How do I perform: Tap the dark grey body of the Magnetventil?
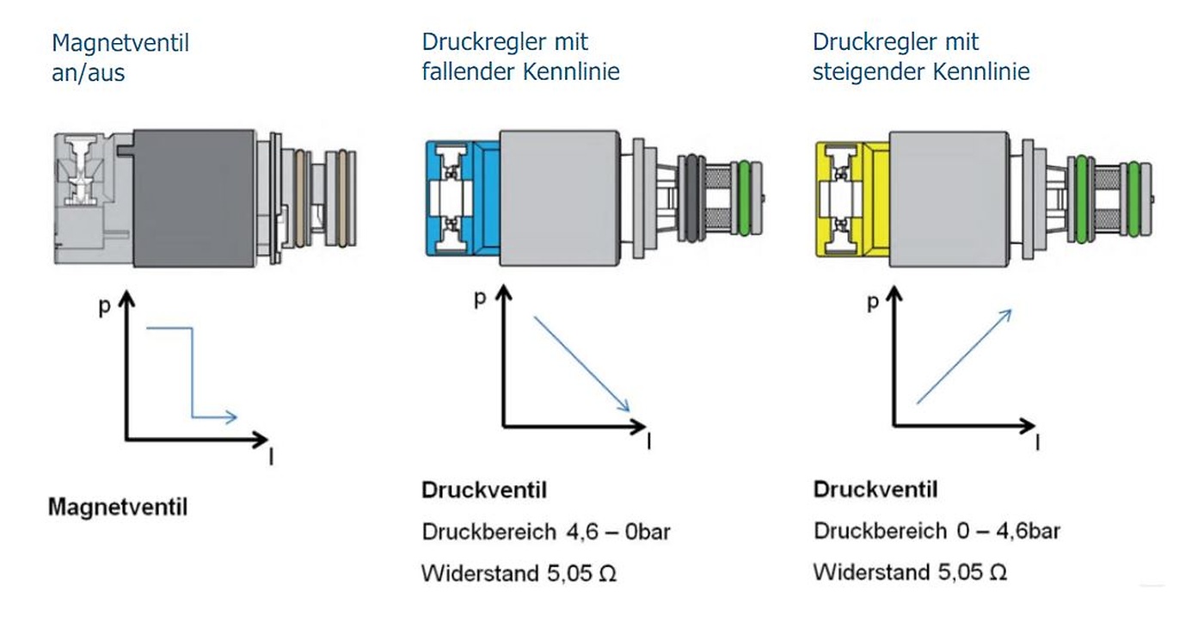(193, 198)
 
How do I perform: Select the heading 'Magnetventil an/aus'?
(120, 58)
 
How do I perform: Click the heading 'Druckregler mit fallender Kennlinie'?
(519, 57)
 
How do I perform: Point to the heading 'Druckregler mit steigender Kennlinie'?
(920, 57)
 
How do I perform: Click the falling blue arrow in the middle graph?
(583, 363)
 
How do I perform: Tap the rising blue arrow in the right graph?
(963, 356)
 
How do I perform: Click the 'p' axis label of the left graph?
(105, 306)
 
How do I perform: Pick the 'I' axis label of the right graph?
(1038, 443)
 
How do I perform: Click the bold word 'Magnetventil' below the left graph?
(117, 507)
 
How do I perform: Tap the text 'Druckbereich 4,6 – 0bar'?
(545, 532)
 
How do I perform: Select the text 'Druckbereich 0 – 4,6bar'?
(937, 531)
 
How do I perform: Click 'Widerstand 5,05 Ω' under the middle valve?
(519, 573)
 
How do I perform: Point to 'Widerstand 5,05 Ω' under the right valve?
(910, 572)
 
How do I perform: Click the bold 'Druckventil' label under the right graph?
(875, 490)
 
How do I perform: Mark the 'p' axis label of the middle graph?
(479, 299)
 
